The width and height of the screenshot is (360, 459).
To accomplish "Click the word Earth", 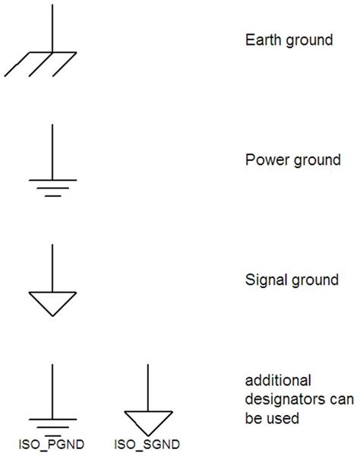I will point(261,40).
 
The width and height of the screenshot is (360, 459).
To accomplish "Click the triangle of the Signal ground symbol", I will point(52,302).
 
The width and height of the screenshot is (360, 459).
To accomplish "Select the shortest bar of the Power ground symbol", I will point(52,195).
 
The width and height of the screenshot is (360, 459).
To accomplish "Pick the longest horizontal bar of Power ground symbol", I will point(52,180).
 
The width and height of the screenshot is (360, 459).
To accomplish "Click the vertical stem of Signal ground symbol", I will point(52,266).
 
